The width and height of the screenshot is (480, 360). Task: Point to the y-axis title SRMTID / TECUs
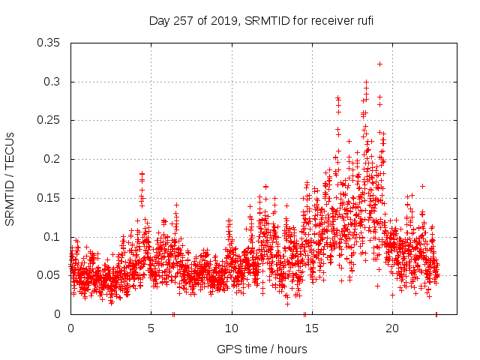click(x=10, y=178)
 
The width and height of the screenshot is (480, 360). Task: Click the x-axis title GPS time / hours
click(x=262, y=349)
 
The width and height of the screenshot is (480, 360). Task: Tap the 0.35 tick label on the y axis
click(x=49, y=43)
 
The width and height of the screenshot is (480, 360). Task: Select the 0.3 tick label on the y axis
click(x=52, y=82)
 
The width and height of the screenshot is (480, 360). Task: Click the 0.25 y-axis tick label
click(x=49, y=120)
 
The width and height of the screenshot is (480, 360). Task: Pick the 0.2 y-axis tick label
click(x=52, y=159)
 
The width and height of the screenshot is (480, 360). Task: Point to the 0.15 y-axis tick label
click(x=49, y=198)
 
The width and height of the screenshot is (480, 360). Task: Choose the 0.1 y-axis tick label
click(x=52, y=237)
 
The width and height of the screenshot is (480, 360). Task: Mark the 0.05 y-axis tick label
click(x=49, y=275)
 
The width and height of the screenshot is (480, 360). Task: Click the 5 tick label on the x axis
click(x=151, y=329)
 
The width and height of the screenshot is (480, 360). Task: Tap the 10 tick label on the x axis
click(x=232, y=329)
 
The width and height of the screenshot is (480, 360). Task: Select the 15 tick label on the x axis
click(x=312, y=329)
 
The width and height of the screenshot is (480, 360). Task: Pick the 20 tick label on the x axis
click(x=393, y=329)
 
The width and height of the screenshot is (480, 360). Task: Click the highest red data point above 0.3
click(x=380, y=64)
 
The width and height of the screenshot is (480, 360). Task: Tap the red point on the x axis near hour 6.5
click(x=173, y=314)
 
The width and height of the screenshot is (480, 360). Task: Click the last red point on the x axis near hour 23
click(x=436, y=314)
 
